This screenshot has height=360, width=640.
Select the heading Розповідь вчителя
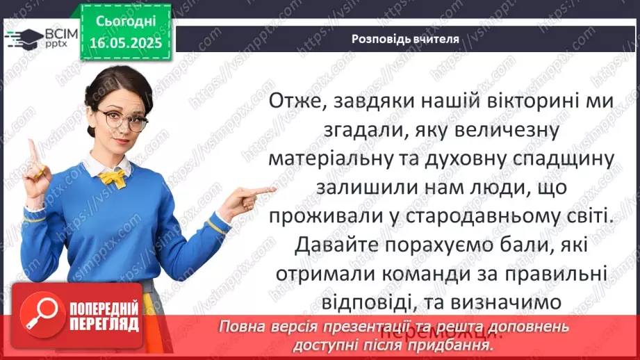click(x=405, y=39)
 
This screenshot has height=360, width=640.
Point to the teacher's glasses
click(x=123, y=120)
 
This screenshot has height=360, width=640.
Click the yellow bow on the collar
click(x=113, y=178)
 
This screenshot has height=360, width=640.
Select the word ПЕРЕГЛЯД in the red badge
click(x=104, y=325)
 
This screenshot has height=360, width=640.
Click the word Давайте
click(x=334, y=245)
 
